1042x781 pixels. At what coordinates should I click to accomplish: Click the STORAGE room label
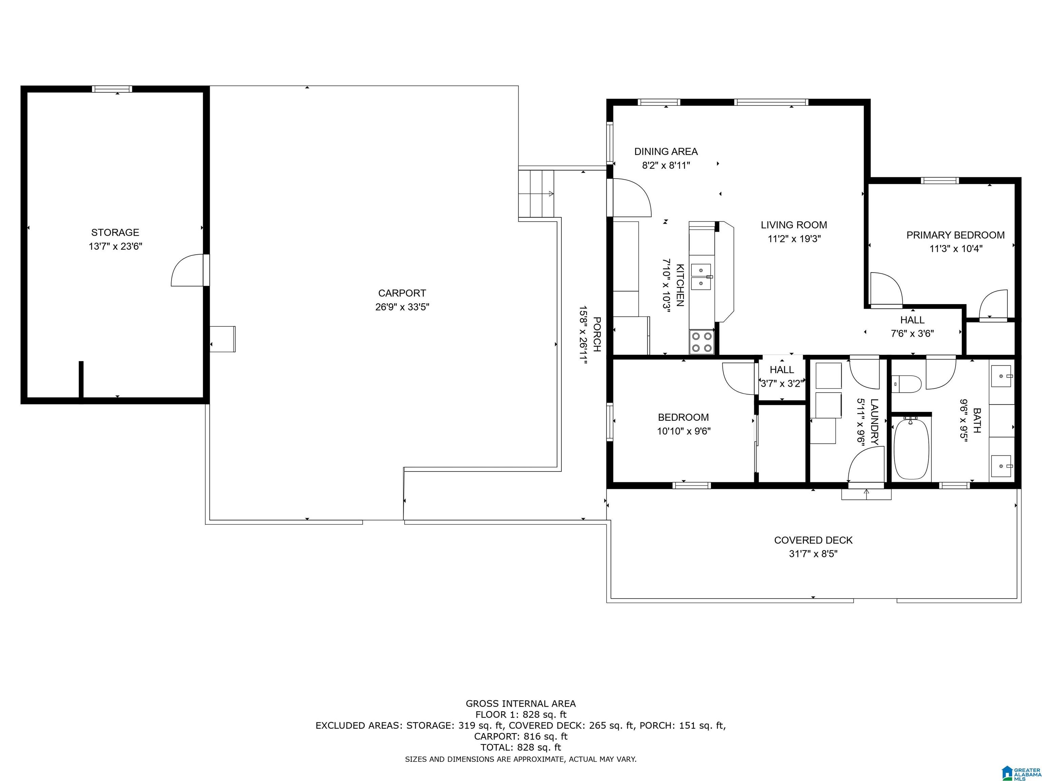(x=115, y=233)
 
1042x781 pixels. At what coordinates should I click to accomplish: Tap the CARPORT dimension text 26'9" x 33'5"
(x=402, y=307)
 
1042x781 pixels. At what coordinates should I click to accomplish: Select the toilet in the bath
(x=907, y=384)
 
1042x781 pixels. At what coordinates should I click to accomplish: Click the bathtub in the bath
(x=911, y=449)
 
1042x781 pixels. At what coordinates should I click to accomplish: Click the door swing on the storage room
(x=188, y=270)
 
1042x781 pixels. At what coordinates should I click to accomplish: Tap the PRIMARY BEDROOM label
(x=955, y=235)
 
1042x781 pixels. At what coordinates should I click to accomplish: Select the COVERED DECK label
(x=813, y=540)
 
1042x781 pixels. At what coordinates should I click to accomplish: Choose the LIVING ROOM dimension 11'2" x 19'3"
(x=794, y=239)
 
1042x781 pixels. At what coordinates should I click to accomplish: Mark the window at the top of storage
(x=112, y=88)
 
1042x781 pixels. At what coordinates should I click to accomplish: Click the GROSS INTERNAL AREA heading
(x=521, y=703)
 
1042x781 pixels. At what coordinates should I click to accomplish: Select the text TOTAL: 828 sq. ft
(x=521, y=747)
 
